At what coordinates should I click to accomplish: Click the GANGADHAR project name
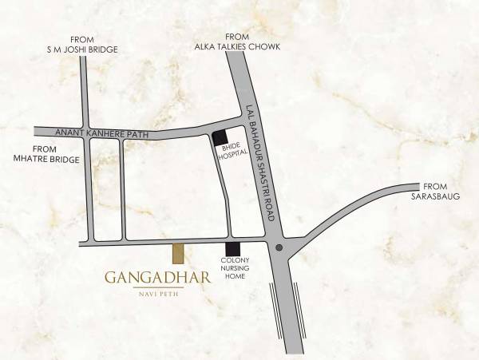157,279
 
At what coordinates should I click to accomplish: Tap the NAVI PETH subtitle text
157,294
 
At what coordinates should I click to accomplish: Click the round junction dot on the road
279,247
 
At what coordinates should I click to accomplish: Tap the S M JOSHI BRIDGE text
82,49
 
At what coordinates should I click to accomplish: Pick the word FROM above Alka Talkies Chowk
237,37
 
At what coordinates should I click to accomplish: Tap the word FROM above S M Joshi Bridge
82,39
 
